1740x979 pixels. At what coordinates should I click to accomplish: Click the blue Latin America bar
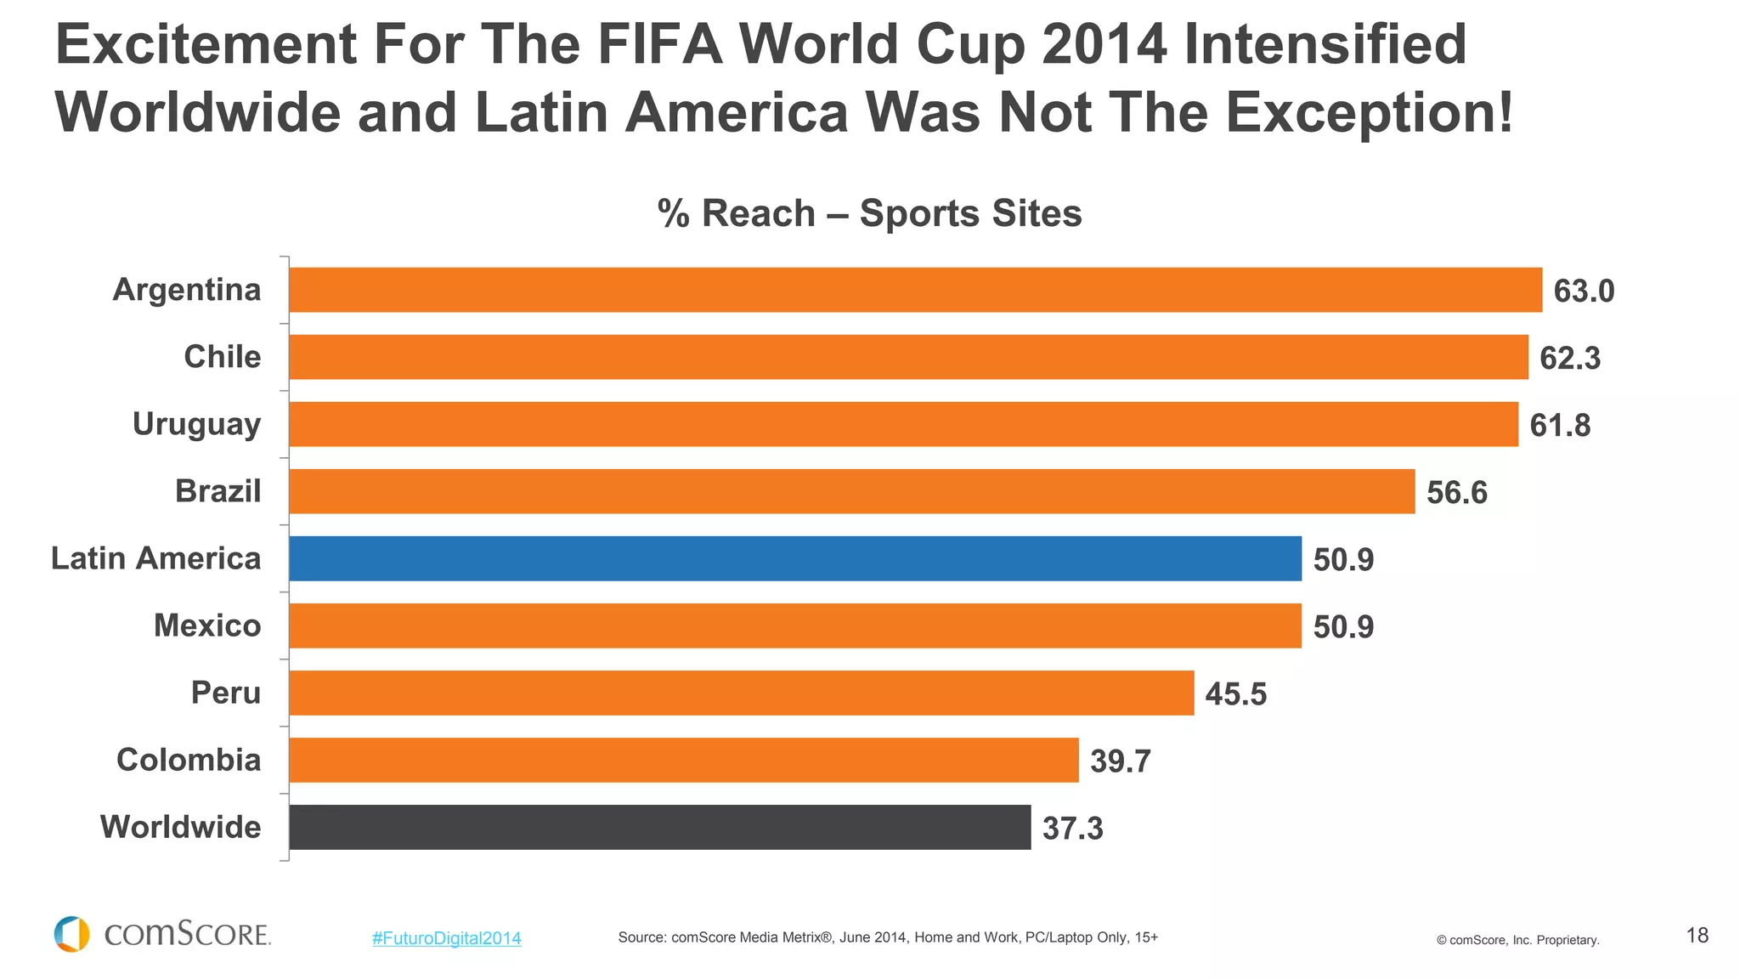(x=794, y=558)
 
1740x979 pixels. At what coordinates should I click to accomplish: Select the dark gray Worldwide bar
(x=659, y=827)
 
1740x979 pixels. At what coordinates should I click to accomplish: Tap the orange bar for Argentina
(x=915, y=290)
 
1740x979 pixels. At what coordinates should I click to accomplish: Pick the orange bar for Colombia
(x=683, y=760)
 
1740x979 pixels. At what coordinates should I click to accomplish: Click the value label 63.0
(x=1583, y=291)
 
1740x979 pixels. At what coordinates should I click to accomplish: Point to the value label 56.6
(x=1456, y=493)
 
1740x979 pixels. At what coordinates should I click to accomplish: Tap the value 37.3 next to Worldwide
(x=1072, y=829)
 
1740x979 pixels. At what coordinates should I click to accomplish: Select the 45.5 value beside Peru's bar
(x=1235, y=694)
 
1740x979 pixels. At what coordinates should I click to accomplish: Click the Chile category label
(x=222, y=357)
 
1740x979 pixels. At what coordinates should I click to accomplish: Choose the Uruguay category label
(x=196, y=424)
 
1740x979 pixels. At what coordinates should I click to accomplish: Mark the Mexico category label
(x=207, y=625)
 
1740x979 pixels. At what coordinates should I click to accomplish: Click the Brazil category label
(x=217, y=491)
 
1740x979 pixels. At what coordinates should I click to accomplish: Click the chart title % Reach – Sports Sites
(x=869, y=213)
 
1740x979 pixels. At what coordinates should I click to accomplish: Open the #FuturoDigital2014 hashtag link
(x=446, y=938)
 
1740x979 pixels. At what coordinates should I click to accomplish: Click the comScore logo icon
(x=71, y=934)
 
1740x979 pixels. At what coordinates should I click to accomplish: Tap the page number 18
(x=1697, y=936)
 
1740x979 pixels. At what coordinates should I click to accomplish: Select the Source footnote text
(x=887, y=937)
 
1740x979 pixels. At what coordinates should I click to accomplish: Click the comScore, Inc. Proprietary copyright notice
(x=1517, y=940)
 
